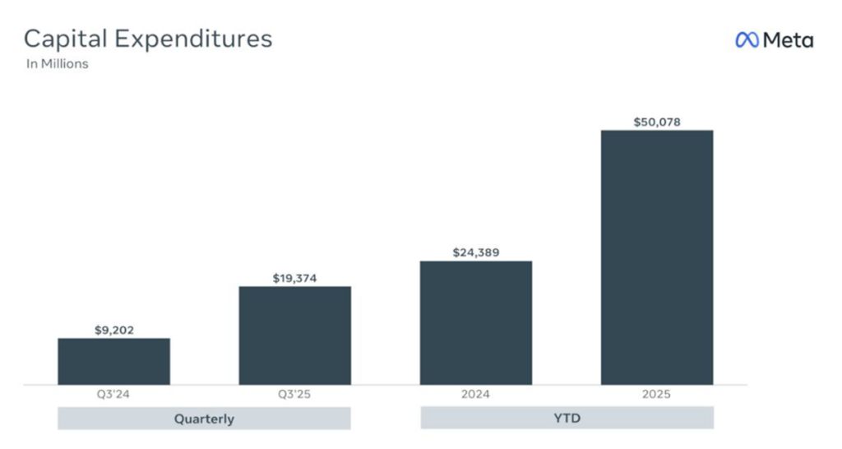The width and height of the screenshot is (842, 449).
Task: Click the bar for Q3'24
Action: (x=113, y=361)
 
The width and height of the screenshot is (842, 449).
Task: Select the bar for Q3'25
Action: (x=294, y=335)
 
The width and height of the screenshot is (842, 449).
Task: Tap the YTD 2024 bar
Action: (x=475, y=322)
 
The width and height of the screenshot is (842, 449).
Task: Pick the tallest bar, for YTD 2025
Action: (x=656, y=257)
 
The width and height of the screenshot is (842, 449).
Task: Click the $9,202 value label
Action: (x=113, y=331)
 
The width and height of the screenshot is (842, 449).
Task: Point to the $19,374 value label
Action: (x=294, y=279)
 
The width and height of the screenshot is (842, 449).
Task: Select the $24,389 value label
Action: (x=475, y=252)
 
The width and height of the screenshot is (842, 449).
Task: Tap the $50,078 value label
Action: (x=656, y=123)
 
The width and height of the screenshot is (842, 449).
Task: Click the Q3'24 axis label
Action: (x=113, y=395)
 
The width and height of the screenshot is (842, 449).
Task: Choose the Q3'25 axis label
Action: (x=294, y=395)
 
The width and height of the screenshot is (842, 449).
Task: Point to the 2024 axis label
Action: (x=475, y=395)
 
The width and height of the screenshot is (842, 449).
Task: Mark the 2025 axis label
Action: (x=656, y=395)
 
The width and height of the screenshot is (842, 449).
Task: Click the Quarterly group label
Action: (x=204, y=419)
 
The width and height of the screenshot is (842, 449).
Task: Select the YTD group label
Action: (x=567, y=418)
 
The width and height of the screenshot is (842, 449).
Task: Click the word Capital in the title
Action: (x=66, y=39)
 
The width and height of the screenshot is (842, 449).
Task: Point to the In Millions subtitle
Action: (x=57, y=63)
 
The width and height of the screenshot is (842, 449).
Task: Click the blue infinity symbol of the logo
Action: (x=747, y=39)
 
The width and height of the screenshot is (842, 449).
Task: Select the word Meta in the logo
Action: (x=788, y=39)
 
